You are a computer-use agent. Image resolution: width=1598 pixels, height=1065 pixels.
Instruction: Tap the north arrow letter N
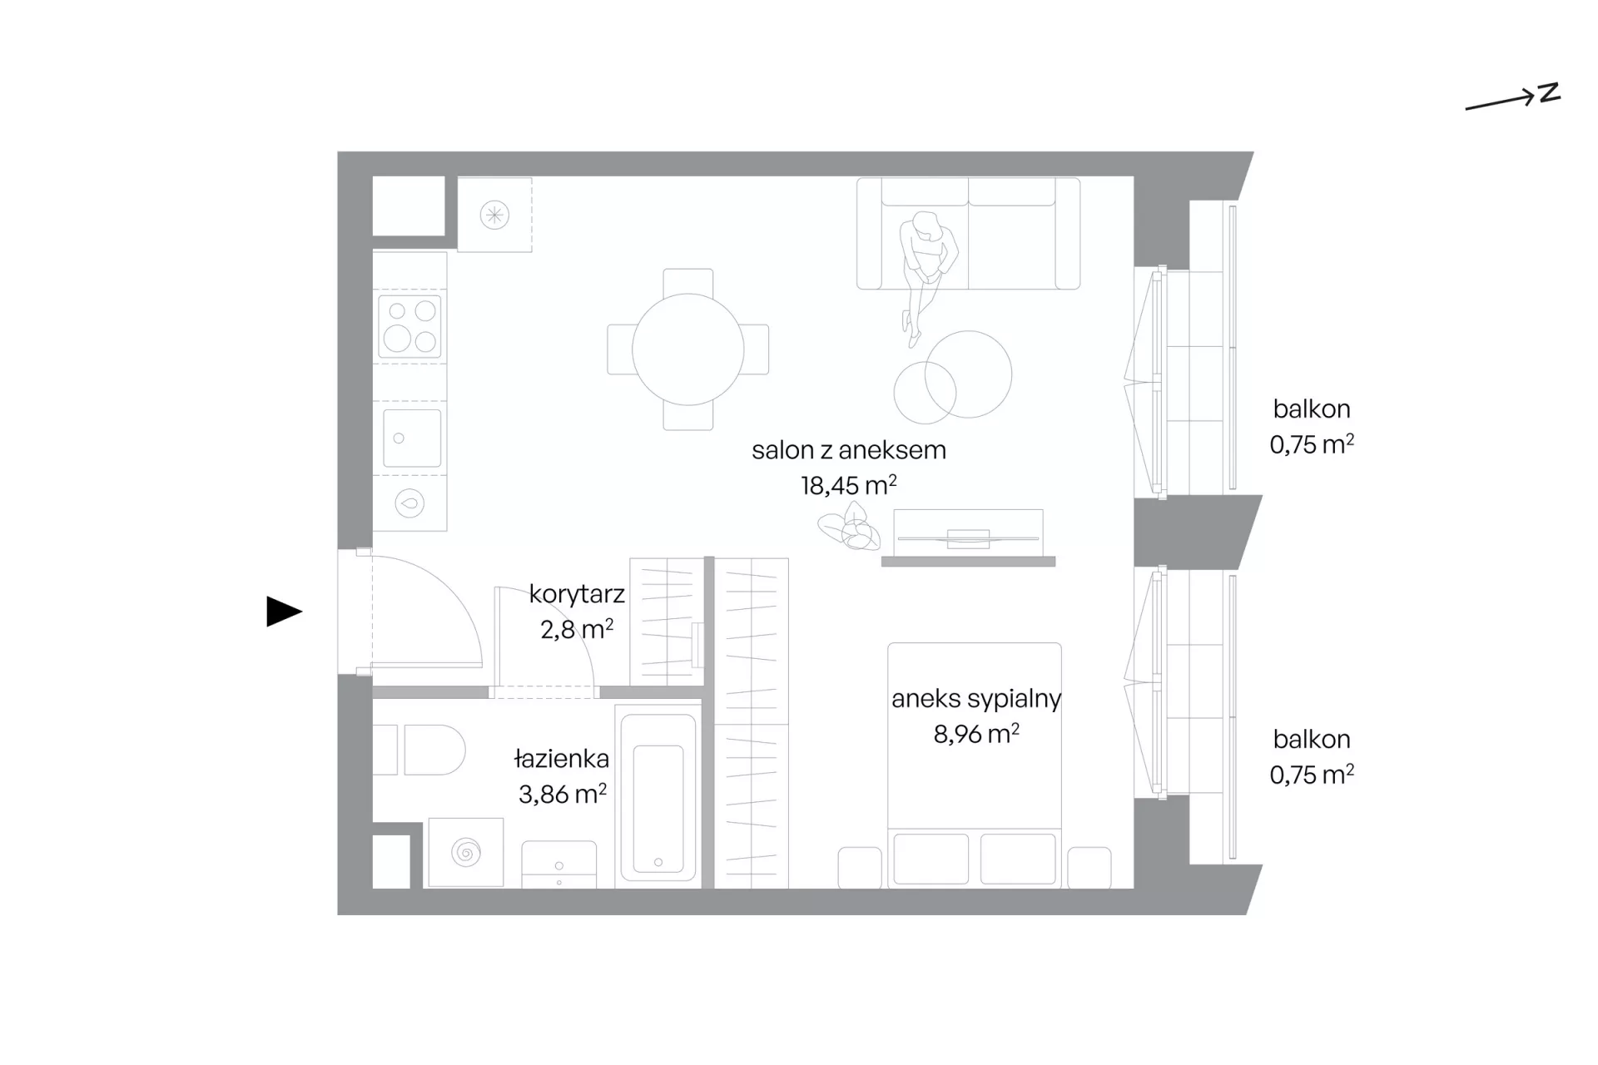[x=1549, y=92]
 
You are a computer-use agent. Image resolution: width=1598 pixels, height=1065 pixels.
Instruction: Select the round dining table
[x=688, y=349]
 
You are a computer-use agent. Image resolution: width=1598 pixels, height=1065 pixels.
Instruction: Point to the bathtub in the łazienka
[x=658, y=798]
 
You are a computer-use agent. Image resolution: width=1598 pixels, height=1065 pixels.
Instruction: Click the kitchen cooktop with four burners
[x=410, y=326]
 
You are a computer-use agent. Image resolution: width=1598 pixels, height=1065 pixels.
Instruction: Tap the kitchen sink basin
[x=412, y=438]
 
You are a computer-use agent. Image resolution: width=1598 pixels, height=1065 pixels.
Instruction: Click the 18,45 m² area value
[x=849, y=485]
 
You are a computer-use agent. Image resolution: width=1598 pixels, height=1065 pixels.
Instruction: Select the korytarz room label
[x=577, y=594]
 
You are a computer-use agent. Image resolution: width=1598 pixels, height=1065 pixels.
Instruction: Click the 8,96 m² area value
[x=976, y=734]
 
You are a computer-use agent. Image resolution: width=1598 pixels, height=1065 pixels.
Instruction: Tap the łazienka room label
[x=562, y=759]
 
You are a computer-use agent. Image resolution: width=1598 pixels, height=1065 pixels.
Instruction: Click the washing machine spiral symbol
[x=466, y=853]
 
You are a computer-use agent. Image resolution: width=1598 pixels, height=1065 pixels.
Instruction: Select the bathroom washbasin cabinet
[x=559, y=864]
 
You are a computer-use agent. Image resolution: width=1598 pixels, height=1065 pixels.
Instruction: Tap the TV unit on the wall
[x=968, y=537]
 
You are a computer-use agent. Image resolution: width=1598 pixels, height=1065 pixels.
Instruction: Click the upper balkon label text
[x=1312, y=409]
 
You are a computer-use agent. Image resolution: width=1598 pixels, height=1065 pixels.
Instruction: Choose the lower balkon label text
[x=1312, y=739]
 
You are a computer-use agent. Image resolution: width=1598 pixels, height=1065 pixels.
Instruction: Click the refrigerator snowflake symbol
[x=494, y=215]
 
